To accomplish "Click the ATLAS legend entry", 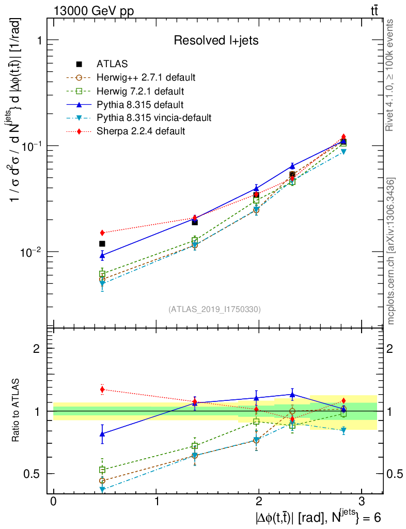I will [112, 64].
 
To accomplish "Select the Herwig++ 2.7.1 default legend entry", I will [146, 77].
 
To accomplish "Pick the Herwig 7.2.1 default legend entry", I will [140, 91].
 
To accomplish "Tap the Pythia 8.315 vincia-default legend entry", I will [154, 118].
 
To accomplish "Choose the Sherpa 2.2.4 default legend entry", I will [140, 131].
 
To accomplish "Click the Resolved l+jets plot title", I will [216, 40].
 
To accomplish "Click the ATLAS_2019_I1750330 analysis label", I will [214, 309].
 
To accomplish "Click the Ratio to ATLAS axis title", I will [17, 411].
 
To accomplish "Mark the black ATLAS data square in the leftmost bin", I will [102, 243].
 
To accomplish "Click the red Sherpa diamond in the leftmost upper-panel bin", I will [102, 232].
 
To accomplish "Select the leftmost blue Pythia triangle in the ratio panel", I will [102, 434].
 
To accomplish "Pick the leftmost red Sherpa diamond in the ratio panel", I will [102, 390].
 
